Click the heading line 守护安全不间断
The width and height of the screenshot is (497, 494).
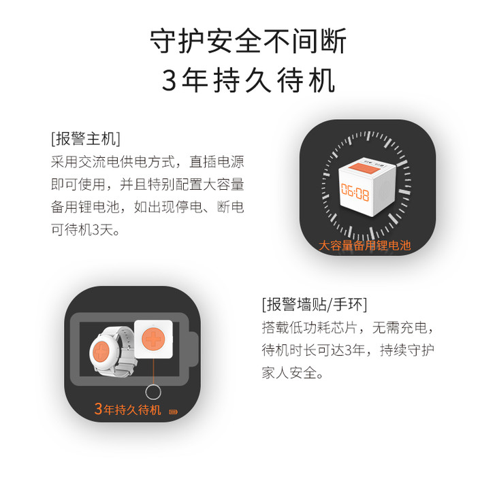(248, 42)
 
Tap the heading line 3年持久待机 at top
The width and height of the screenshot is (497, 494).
(248, 80)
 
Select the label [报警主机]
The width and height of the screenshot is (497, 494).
(86, 139)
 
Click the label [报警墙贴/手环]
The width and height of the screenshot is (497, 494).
(315, 305)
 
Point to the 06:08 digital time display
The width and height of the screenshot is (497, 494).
(355, 192)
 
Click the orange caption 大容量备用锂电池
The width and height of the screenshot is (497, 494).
(364, 245)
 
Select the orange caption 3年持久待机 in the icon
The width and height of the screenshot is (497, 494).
(128, 409)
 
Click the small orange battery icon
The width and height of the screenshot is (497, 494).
(173, 412)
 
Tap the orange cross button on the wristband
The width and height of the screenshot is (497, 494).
(101, 351)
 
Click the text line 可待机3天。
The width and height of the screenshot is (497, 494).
(86, 229)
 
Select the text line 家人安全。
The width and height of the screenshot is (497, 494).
(293, 373)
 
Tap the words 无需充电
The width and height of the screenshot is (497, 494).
(400, 327)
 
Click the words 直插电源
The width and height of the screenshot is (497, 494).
(217, 161)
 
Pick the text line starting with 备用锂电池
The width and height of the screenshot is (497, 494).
(147, 207)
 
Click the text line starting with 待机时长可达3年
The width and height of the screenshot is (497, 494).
(348, 350)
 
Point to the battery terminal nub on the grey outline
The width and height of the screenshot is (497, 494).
(194, 349)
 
